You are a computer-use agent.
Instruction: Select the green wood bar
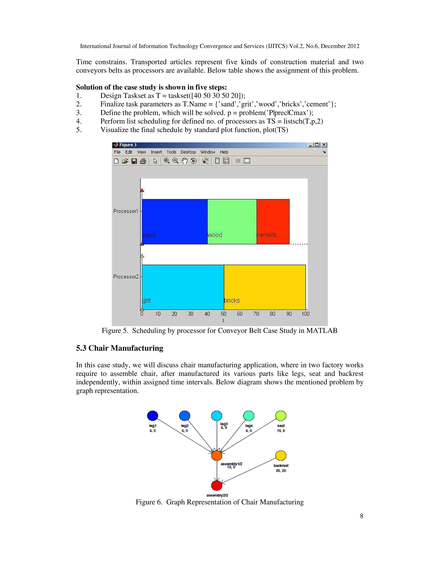[232, 221]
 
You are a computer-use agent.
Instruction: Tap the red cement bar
[273, 221]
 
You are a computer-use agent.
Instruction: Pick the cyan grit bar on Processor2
[182, 287]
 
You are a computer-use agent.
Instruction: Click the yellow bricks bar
[264, 287]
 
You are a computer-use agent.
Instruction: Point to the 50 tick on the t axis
[223, 314]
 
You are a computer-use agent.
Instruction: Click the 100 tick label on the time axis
[305, 314]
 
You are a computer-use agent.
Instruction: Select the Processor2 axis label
[126, 277]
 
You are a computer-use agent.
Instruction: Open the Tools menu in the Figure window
[171, 152]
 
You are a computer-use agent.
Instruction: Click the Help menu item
[224, 152]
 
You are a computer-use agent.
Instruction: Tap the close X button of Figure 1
[324, 145]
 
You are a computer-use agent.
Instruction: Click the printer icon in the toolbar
[143, 161]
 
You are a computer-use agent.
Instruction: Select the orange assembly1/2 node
[217, 455]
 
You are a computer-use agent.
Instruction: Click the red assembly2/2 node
[217, 485]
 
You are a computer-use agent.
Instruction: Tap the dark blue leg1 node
[153, 415]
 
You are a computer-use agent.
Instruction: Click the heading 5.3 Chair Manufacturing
[119, 348]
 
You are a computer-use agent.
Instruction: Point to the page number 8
[361, 516]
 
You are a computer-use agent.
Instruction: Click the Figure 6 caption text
[220, 502]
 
